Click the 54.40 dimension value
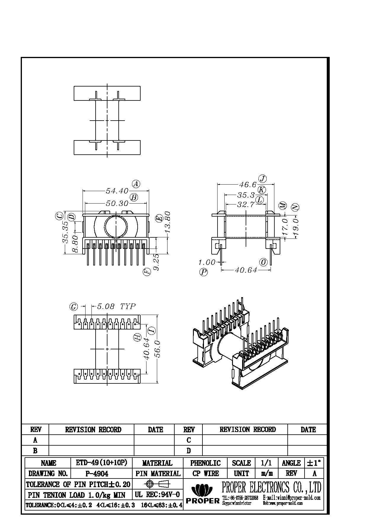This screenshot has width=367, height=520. pyautogui.click(x=117, y=191)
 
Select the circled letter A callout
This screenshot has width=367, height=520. pyautogui.click(x=136, y=184)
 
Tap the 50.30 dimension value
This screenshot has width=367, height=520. pyautogui.click(x=117, y=204)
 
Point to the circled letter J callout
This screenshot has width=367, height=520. pyautogui.click(x=263, y=179)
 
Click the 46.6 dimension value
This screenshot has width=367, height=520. pyautogui.click(x=248, y=185)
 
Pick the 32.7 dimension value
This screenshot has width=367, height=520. pyautogui.click(x=246, y=204)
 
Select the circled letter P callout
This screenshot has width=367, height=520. pyautogui.click(x=204, y=272)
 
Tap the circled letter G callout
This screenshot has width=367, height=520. pyautogui.click(x=73, y=307)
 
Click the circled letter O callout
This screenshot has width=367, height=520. pyautogui.click(x=263, y=262)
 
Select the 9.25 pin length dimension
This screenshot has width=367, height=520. pyautogui.click(x=157, y=262)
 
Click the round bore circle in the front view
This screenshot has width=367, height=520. pyautogui.click(x=116, y=227)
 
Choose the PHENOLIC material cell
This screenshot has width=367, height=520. pyautogui.click(x=205, y=463)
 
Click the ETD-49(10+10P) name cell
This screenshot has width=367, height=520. pyautogui.click(x=102, y=463)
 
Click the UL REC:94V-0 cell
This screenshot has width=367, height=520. pyautogui.click(x=157, y=495)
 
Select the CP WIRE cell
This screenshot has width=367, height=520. pyautogui.click(x=205, y=473)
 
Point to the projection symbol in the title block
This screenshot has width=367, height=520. pyautogui.click(x=157, y=484)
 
